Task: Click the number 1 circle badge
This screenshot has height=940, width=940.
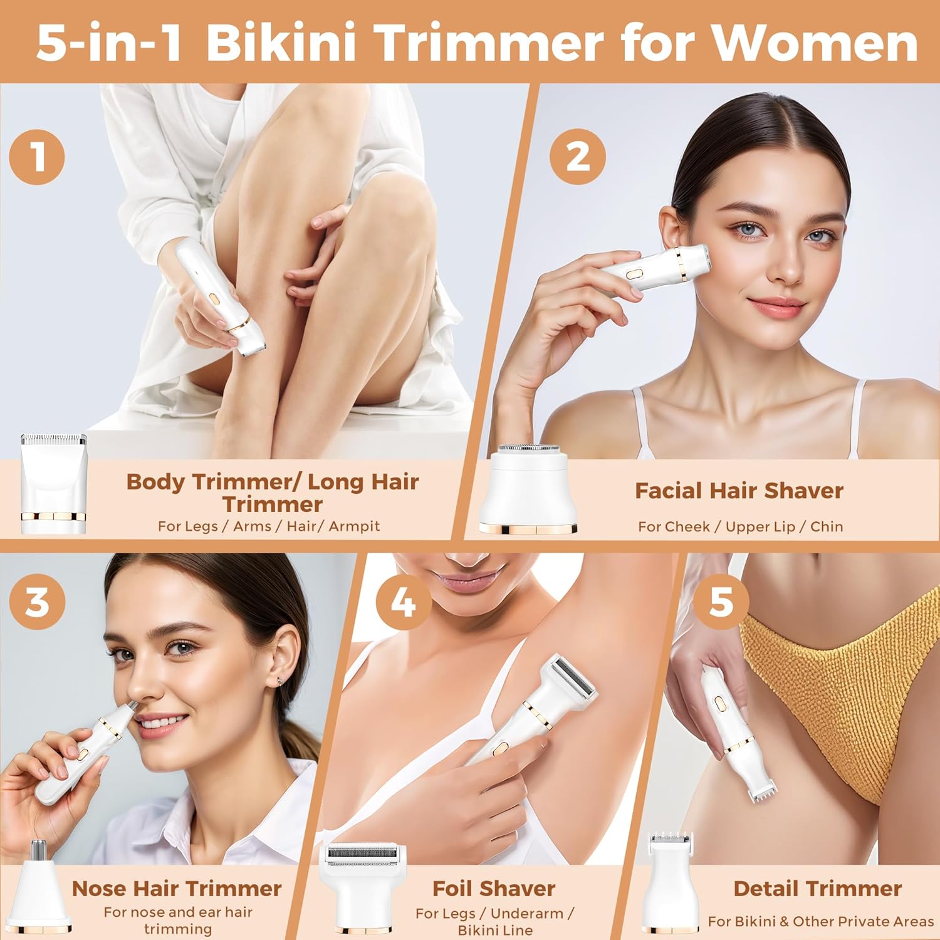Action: point(37,156)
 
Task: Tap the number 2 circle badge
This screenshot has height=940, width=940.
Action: point(577,156)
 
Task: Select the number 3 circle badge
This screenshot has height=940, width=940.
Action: point(37,602)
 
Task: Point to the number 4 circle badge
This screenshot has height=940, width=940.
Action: point(403,602)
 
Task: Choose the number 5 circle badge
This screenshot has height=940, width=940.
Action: point(721,602)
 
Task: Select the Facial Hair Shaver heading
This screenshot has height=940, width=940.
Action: point(739,491)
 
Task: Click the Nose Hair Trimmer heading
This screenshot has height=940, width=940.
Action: point(177,888)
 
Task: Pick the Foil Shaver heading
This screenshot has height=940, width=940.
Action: point(494,888)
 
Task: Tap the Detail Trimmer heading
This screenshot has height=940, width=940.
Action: point(817,888)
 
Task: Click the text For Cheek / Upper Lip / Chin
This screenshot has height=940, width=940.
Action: point(740,526)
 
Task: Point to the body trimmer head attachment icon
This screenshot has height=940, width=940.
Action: point(53,483)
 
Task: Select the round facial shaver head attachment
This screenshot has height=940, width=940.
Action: point(528,489)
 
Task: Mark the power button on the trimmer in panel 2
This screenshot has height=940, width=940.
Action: point(634,274)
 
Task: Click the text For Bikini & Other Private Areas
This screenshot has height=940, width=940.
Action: point(820,921)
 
